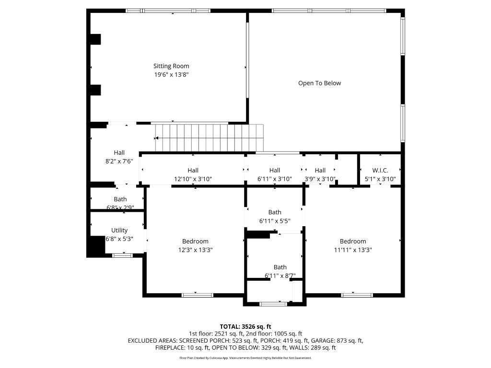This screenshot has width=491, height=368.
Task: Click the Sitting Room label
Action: click(x=171, y=66)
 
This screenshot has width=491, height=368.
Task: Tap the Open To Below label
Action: click(x=319, y=83)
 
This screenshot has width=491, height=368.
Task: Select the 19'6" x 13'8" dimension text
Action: click(x=171, y=75)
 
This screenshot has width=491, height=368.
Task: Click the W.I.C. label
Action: click(x=380, y=171)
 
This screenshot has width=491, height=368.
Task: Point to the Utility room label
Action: click(x=119, y=230)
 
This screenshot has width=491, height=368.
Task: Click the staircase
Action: click(x=209, y=138)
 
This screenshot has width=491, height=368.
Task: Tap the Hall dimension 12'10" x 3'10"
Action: click(x=193, y=179)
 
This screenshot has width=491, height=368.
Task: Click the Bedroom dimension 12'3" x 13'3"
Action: click(x=195, y=250)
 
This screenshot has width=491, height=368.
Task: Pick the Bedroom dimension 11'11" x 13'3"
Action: click(x=353, y=250)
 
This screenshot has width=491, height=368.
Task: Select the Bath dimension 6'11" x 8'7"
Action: click(x=280, y=276)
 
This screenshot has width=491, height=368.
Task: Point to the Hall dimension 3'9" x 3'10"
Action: click(x=320, y=179)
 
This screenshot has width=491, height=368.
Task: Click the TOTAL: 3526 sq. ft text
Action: click(x=245, y=326)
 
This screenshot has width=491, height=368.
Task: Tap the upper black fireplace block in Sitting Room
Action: click(x=95, y=39)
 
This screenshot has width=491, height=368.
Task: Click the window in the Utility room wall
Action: click(x=122, y=255)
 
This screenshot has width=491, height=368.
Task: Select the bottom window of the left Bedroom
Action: click(x=197, y=295)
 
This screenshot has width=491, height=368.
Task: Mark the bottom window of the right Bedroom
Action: click(x=357, y=295)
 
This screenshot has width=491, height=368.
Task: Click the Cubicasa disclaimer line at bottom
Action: click(x=245, y=358)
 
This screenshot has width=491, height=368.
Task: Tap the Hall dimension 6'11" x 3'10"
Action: click(x=275, y=179)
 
